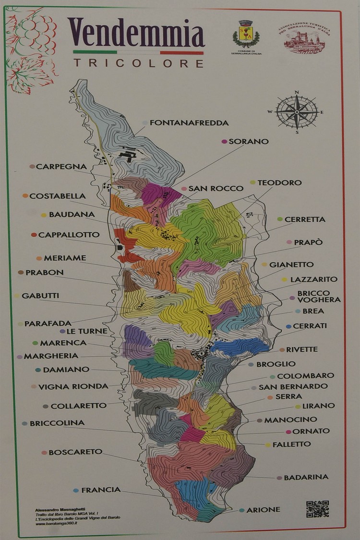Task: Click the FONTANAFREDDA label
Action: (189, 123)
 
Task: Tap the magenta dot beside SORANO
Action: (224, 142)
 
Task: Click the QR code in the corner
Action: (317, 509)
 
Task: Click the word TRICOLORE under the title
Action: (138, 63)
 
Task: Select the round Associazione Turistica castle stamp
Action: (301, 38)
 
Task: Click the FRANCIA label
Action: (101, 490)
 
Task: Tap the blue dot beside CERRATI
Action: (288, 326)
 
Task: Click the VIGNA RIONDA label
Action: (73, 386)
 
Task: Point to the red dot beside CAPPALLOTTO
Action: (34, 235)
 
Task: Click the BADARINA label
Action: (306, 477)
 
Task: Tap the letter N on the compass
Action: (297, 92)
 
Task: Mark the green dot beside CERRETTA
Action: (280, 219)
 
